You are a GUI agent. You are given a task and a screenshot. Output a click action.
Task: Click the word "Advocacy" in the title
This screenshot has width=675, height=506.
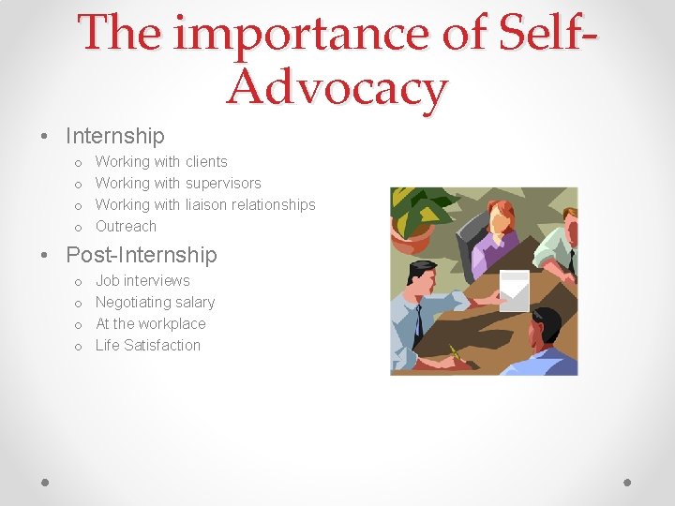337,89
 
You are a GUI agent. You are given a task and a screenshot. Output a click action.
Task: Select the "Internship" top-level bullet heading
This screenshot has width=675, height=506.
114,137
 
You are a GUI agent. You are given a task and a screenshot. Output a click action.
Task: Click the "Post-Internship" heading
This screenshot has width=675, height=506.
141,255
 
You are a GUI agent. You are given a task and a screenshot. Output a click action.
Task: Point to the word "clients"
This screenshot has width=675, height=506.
205,162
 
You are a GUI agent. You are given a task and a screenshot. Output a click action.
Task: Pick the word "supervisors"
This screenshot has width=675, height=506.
222,184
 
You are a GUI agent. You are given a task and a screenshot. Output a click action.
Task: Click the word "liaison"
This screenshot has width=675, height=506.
207,205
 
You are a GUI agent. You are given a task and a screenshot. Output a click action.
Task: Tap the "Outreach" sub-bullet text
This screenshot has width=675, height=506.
126,227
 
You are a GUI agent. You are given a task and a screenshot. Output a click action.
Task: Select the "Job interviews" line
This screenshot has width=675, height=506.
142,281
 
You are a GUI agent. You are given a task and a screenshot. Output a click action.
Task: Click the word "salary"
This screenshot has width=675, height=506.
196,303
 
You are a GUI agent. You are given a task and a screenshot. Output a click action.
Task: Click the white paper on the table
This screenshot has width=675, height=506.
514,289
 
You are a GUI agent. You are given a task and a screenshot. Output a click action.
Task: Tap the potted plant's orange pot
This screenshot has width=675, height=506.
410,241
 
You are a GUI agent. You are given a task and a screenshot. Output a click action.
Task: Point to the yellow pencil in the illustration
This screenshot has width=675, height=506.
457,354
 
